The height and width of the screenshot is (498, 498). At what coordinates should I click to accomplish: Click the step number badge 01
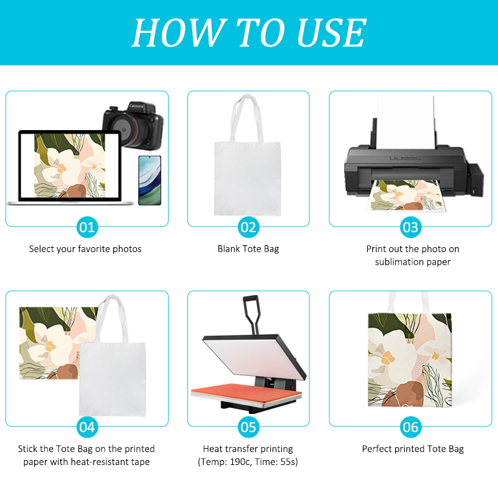[x=87, y=227]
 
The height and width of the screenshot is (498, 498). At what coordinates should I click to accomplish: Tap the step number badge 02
[x=248, y=227]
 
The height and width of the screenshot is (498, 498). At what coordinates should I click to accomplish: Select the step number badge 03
[x=410, y=227]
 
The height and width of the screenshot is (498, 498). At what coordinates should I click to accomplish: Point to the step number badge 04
[x=87, y=427]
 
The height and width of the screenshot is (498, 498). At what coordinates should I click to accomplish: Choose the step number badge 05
[x=248, y=427]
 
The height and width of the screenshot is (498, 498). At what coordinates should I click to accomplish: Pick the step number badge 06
[x=410, y=427]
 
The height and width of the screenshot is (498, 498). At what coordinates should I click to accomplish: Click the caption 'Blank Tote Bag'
[x=248, y=249]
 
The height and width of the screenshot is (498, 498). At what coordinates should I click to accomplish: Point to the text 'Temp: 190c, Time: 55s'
[x=248, y=463]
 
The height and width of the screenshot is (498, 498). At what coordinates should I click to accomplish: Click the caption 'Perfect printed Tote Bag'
[x=413, y=449]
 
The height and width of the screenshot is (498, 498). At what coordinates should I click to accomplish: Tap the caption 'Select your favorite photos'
[x=85, y=249]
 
